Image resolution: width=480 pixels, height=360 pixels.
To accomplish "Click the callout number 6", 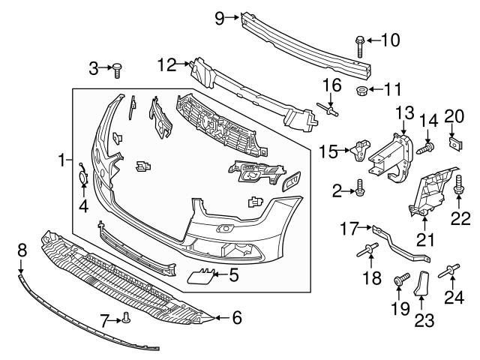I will (x=237, y=318).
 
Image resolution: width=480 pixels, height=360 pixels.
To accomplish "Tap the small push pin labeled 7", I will (x=126, y=320).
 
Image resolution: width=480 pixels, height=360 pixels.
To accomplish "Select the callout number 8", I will (x=21, y=248).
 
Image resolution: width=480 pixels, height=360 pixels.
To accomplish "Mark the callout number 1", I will (x=61, y=160).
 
